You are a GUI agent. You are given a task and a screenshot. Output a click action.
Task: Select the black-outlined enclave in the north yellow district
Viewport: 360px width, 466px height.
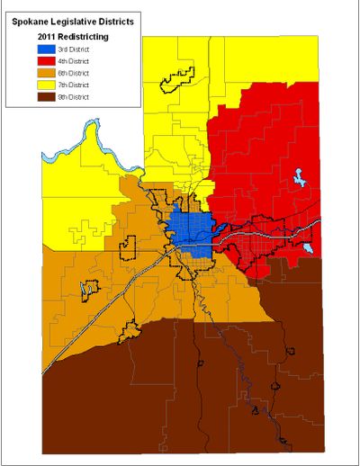point(177,80)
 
